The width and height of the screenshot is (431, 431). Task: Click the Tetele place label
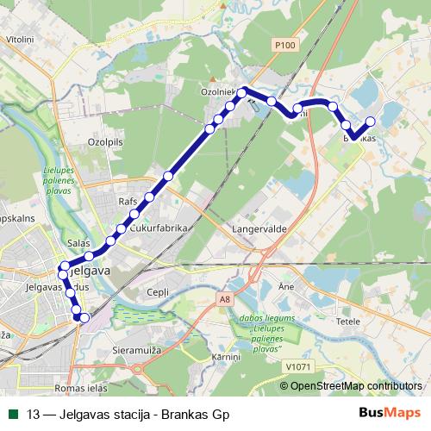[x=347, y=321]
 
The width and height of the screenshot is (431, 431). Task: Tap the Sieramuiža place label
[x=138, y=352]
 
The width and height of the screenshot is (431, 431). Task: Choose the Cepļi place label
[x=158, y=292]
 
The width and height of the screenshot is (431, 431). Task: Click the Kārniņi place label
[x=226, y=356]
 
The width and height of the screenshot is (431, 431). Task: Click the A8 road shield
[x=225, y=299]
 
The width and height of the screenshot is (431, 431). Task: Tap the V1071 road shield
[x=297, y=366]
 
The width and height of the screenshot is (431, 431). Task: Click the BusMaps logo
[x=390, y=414]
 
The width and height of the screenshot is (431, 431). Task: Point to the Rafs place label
[x=127, y=201]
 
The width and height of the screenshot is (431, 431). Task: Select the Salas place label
[x=78, y=245]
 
